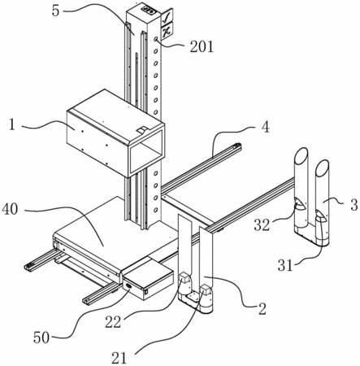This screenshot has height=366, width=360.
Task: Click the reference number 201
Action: pos(202,47)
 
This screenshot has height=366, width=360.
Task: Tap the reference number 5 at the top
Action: pos(55,11)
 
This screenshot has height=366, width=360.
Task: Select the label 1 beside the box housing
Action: pos(11,125)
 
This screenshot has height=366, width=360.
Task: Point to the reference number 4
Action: pos(266,127)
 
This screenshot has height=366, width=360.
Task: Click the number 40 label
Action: pos(10,209)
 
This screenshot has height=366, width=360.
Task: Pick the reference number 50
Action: pos(41,338)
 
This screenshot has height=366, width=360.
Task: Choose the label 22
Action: pos(113,322)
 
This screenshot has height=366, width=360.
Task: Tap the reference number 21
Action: pos(119,358)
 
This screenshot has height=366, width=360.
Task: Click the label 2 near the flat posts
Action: pos(262,309)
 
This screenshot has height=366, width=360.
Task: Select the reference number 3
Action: pos(353,205)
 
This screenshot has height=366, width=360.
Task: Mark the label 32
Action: pos(262,224)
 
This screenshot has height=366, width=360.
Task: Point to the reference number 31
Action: pos(285,265)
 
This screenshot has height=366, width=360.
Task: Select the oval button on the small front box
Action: pos(128,285)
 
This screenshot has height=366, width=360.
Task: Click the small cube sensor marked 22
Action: pos(184,277)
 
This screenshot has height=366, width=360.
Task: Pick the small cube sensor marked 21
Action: pos(206,290)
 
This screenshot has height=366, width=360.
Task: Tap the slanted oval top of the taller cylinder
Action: pos(301,155)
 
